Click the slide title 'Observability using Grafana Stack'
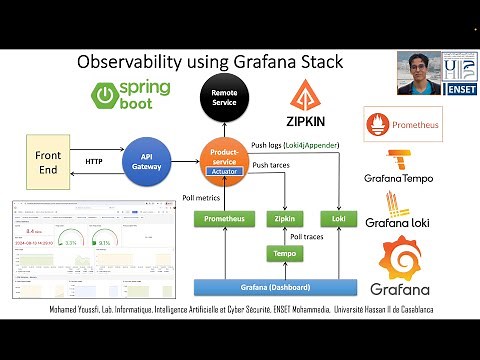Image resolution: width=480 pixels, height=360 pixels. point(210,62)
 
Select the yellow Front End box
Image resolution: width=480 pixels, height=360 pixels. point(48,161)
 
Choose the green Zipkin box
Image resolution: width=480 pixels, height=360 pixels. point(283,217)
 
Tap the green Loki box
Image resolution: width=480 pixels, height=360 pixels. point(333,217)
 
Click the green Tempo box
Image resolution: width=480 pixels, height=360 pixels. point(283,253)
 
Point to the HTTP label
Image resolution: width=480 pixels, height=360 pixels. point(94,161)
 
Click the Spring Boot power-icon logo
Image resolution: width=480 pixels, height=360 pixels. point(107,96)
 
